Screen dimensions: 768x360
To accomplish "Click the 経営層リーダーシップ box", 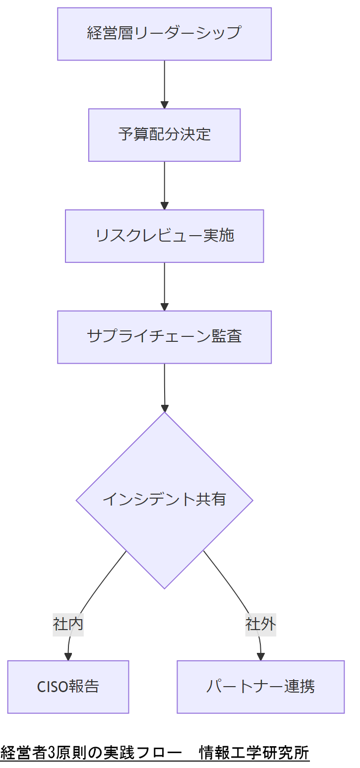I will click(164, 34).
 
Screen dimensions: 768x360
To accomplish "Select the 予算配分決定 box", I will click(164, 135).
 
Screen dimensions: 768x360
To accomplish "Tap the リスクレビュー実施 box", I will click(164, 236).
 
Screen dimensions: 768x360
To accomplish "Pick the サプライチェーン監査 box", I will click(164, 337).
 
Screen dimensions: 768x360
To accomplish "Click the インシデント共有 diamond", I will click(164, 500).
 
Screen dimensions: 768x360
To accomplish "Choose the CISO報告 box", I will click(68, 687).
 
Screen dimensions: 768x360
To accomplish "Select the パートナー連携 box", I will click(260, 687).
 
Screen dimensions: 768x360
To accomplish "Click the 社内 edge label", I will click(68, 624).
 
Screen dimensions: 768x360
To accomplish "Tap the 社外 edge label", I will click(260, 624).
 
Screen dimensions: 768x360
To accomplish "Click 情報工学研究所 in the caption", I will click(254, 753).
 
